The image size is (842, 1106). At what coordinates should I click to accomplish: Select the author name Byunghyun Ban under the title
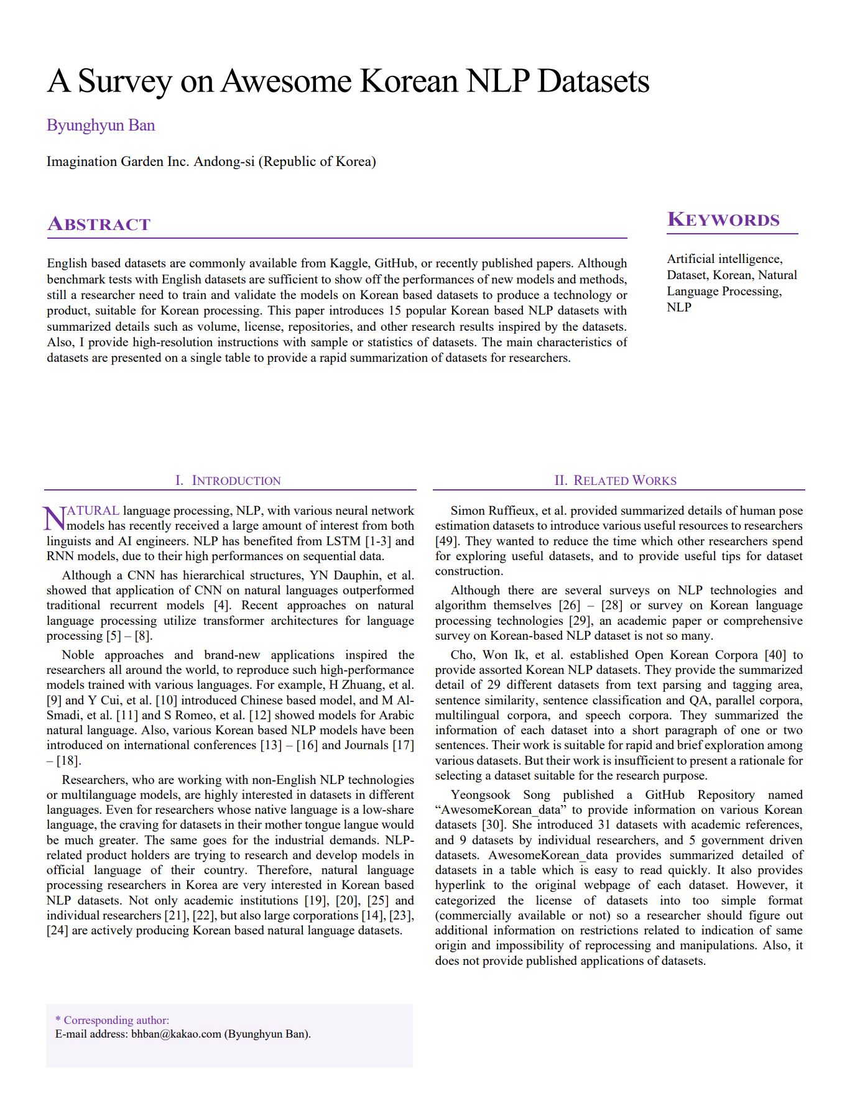pos(101,126)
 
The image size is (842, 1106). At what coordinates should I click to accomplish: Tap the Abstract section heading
pos(99,224)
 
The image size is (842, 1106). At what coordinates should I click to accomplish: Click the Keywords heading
pos(723,220)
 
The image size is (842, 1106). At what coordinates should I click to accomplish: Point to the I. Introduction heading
pos(228,481)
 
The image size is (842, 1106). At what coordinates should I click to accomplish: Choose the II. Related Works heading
pos(616,481)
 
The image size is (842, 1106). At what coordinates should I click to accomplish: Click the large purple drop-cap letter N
pos(53,518)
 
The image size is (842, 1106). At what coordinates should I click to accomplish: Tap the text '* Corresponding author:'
pos(112,1020)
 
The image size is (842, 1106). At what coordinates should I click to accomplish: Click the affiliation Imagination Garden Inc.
pos(118,162)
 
